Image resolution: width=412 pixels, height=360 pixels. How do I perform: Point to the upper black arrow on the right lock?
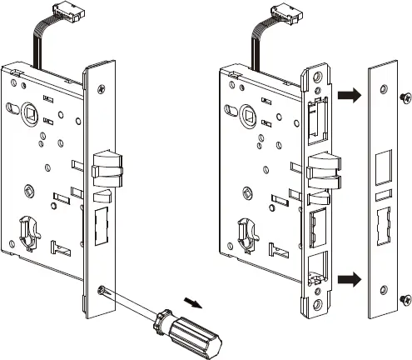coord(350,97)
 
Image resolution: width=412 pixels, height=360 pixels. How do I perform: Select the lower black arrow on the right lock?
coord(350,278)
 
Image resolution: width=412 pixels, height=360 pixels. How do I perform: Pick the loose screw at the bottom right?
coord(404,297)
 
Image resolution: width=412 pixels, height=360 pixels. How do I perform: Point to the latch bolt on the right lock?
coord(322,170)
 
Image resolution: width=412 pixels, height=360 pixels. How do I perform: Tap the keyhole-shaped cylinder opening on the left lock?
coord(27,229)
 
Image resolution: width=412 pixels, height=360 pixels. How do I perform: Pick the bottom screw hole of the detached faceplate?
coord(383,288)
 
